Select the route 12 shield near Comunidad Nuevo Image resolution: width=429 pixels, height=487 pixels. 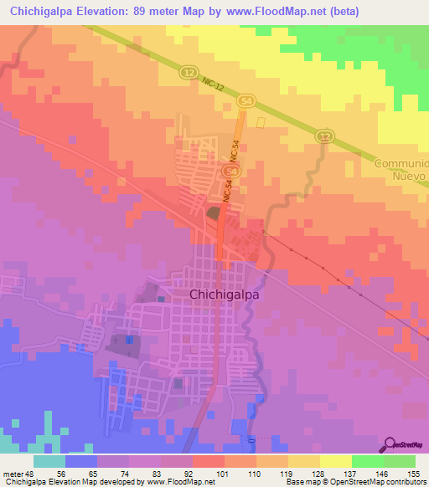coord(324,136)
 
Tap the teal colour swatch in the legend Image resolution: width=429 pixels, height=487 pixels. coord(49,460)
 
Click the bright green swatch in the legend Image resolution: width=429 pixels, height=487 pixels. coord(367,460)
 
